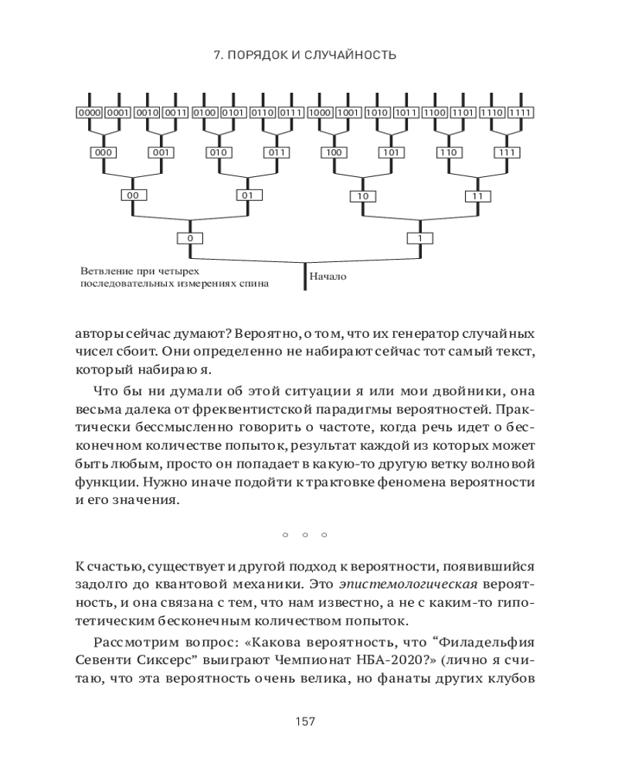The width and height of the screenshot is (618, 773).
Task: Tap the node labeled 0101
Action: point(233,113)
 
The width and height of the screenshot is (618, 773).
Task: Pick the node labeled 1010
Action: point(376,113)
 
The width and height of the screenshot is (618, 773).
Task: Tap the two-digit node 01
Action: point(248,196)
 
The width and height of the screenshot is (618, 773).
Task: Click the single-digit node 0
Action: point(190,238)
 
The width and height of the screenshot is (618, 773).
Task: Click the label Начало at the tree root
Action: point(328,276)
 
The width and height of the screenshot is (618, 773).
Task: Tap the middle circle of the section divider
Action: point(305,534)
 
